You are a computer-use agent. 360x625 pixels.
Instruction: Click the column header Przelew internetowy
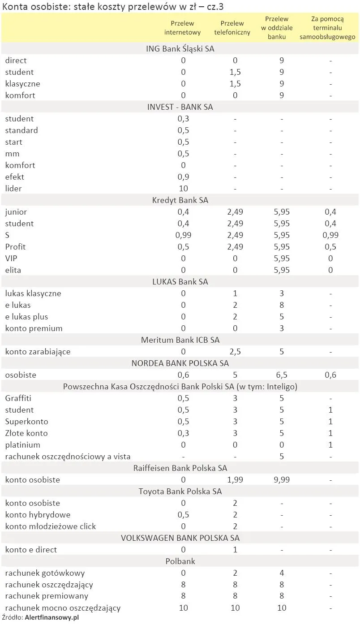click(x=183, y=28)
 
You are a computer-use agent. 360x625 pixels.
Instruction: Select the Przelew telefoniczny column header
click(x=232, y=28)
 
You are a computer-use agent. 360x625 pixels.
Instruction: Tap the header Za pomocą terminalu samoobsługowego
click(x=327, y=28)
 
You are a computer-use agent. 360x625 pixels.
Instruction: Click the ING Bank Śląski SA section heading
click(x=180, y=49)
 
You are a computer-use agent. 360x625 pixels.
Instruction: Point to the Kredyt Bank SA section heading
click(x=180, y=200)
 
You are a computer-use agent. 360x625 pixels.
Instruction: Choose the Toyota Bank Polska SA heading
click(x=180, y=491)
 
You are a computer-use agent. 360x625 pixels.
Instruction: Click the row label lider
click(x=13, y=189)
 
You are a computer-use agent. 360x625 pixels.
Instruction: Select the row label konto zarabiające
click(x=38, y=352)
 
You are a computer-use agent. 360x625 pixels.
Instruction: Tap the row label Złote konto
click(x=26, y=433)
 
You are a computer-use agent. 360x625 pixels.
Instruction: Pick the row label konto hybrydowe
click(x=38, y=515)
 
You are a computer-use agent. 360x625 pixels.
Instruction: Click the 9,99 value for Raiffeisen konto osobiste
click(x=282, y=480)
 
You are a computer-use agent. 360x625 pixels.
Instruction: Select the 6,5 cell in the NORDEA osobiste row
click(x=282, y=375)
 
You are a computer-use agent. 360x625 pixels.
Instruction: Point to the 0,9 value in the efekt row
click(x=183, y=177)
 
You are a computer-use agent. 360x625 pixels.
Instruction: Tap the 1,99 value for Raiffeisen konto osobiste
click(x=235, y=480)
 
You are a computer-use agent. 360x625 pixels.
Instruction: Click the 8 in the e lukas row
click(x=282, y=305)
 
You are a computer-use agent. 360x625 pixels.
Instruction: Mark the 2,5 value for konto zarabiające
click(x=235, y=352)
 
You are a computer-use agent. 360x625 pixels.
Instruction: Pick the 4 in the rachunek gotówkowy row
click(x=282, y=573)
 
